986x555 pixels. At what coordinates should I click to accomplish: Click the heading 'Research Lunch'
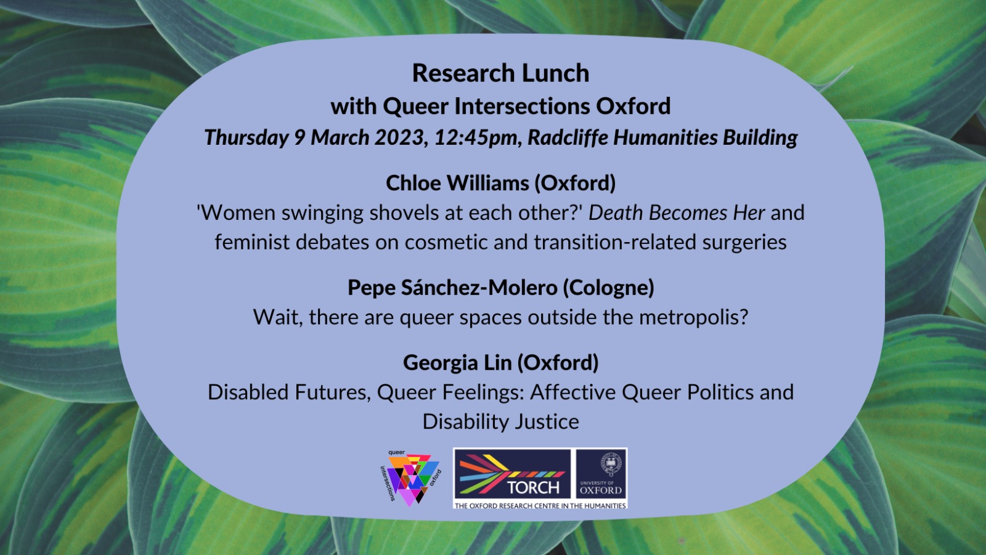500,73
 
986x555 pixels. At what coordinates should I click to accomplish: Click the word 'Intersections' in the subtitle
522,107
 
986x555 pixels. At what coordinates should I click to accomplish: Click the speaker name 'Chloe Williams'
457,183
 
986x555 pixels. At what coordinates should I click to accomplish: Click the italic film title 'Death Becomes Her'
677,213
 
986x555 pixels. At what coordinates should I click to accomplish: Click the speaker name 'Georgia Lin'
457,363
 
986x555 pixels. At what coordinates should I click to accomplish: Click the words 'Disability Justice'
500,422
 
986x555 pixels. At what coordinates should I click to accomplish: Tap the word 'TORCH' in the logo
533,487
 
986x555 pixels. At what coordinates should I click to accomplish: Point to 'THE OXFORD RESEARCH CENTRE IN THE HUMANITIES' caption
540,506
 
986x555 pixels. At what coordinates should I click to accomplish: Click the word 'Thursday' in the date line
246,137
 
